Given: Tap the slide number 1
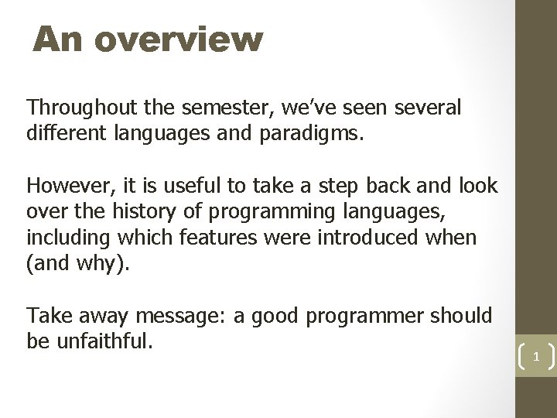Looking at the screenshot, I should (534, 358).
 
